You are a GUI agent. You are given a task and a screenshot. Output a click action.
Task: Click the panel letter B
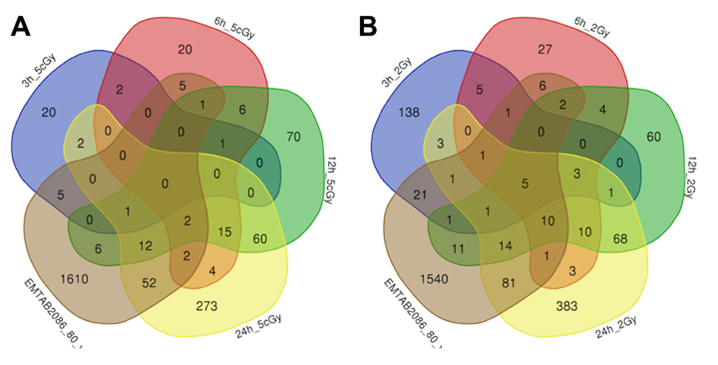point(369,26)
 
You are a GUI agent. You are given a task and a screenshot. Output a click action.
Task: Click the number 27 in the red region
point(544,50)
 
